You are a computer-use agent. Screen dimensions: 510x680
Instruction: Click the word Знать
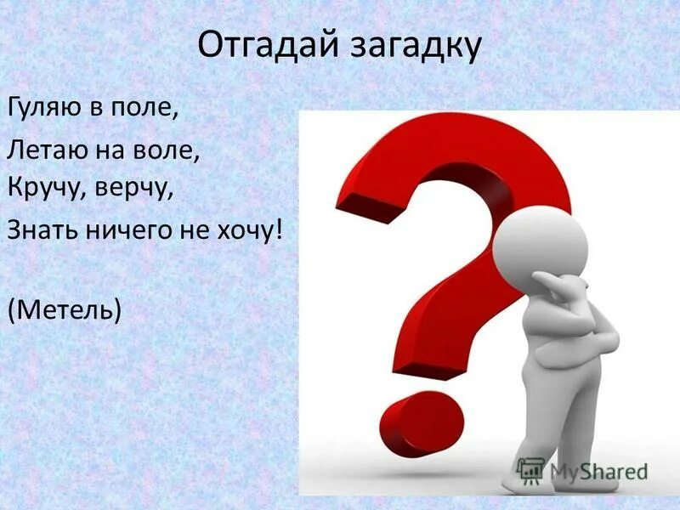(37, 229)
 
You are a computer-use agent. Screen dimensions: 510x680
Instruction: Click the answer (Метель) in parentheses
(65, 309)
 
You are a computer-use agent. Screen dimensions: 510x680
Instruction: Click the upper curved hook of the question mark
(459, 161)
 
